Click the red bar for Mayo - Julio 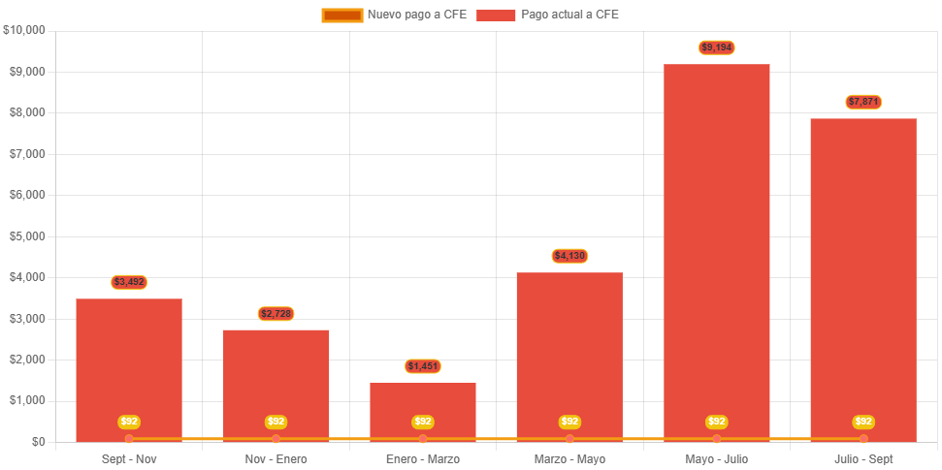(716, 252)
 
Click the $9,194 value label (717, 47)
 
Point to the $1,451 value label (423, 366)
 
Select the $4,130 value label (569, 256)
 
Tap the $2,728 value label (276, 314)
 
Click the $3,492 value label (129, 282)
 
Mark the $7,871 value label (863, 102)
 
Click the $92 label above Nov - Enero (276, 422)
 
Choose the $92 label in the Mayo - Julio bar (717, 422)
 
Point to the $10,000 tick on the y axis (25, 30)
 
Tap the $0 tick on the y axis (38, 442)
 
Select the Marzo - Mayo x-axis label (569, 459)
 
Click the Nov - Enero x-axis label (276, 459)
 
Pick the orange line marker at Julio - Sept (863, 439)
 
